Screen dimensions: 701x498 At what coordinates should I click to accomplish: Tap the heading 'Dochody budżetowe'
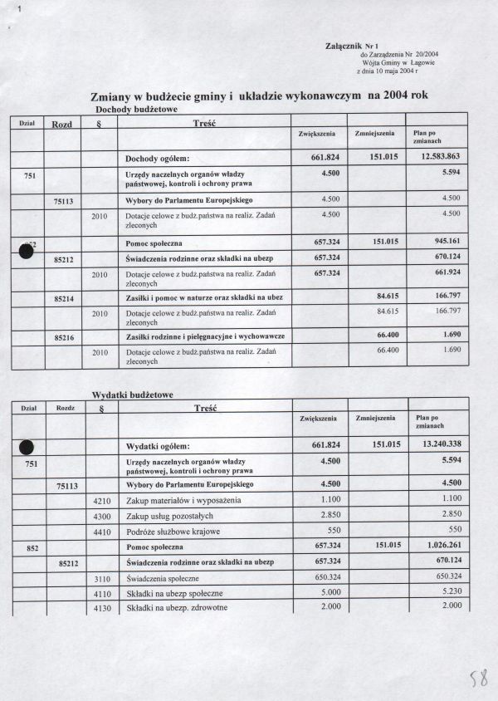tap(137, 110)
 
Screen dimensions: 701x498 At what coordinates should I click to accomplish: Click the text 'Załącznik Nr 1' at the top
tap(352, 47)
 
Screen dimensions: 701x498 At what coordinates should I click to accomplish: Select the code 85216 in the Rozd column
tap(66, 339)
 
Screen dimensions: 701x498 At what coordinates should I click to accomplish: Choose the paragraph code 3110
tap(101, 578)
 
